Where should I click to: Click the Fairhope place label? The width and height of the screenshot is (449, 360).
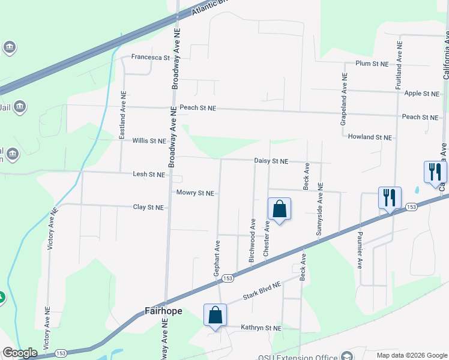pos(163,311)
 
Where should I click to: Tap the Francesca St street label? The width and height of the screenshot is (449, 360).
pos(151,58)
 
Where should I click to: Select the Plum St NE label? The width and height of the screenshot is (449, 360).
pos(373,63)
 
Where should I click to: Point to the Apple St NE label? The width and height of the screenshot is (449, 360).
pos(421,94)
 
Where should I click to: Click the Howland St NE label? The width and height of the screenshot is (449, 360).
pos(370,137)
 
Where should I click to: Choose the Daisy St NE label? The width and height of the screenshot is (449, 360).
pos(271,161)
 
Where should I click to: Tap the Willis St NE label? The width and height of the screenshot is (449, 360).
pos(149,141)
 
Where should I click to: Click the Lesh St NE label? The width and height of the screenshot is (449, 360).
pos(149,175)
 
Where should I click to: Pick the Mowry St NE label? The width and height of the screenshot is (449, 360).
pos(196,193)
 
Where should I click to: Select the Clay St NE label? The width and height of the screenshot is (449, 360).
pos(148,208)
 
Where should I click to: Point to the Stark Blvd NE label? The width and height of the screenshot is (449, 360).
pos(262,292)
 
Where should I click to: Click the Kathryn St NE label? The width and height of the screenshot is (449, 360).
pos(261,328)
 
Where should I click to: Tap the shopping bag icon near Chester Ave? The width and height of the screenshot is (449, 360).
pos(279,210)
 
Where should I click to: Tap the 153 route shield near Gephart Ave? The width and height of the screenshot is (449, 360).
pos(228,278)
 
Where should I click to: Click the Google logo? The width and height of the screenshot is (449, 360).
pos(20,353)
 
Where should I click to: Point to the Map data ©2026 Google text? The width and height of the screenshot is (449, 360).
pos(412,355)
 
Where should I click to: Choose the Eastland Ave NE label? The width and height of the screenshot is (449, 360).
pos(122,116)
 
